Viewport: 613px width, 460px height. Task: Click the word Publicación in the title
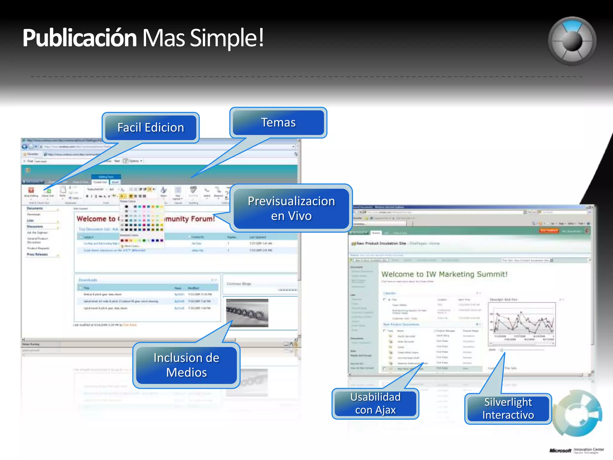(x=79, y=38)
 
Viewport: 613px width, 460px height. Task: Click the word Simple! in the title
(x=227, y=38)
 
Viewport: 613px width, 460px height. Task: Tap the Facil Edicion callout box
(x=151, y=128)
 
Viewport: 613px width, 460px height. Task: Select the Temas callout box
(x=278, y=122)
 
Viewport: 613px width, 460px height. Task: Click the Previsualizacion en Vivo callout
(x=291, y=208)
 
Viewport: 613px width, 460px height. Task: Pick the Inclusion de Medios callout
(x=186, y=365)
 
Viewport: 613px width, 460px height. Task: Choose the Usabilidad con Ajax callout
(x=375, y=403)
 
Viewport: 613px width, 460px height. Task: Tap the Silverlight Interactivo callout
(x=508, y=408)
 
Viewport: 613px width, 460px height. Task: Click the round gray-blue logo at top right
(x=572, y=41)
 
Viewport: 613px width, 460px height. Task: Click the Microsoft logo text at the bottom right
(x=560, y=450)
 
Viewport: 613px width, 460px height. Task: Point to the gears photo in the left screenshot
(x=247, y=313)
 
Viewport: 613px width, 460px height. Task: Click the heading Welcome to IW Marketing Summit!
(x=444, y=274)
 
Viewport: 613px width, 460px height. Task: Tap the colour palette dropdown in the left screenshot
(x=142, y=223)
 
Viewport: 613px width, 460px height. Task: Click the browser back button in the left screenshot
(x=25, y=146)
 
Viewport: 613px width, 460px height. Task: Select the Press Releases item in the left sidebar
(x=37, y=255)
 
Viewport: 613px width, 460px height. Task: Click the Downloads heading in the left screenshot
(x=87, y=280)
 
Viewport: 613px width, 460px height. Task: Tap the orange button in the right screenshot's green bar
(x=549, y=231)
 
